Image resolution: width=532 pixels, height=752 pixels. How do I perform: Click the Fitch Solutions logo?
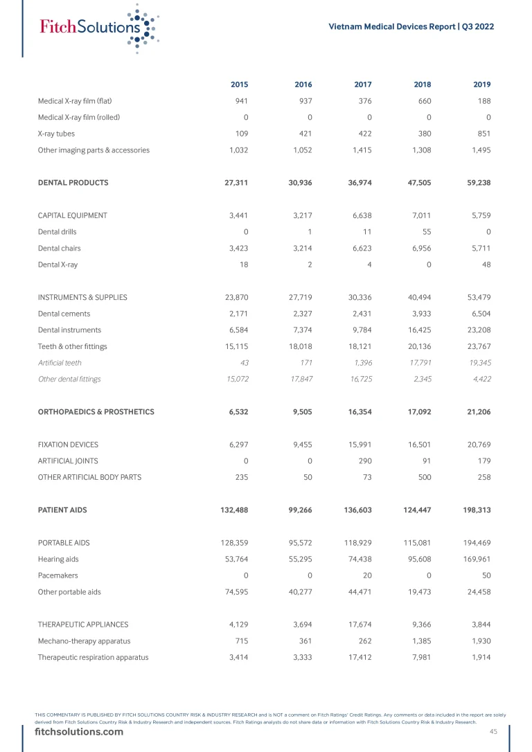(97, 28)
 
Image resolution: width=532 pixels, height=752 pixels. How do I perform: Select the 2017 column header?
(362, 84)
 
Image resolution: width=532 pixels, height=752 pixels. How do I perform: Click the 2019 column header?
(481, 84)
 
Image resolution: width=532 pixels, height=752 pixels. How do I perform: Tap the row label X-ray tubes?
(56, 134)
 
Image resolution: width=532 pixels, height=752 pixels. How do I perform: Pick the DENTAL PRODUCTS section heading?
(73, 183)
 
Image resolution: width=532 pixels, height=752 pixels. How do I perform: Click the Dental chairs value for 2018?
(419, 248)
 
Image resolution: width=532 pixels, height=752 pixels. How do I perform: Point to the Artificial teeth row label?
(60, 363)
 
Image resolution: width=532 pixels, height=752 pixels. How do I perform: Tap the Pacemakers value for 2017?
(367, 575)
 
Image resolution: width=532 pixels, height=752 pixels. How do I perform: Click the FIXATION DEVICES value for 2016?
(301, 445)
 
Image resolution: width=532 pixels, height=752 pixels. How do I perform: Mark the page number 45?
(493, 732)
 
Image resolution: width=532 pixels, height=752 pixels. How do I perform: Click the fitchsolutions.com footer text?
(79, 732)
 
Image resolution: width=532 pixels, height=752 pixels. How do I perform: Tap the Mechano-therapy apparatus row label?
(84, 641)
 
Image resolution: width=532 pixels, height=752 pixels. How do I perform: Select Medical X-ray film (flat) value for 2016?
(303, 101)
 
